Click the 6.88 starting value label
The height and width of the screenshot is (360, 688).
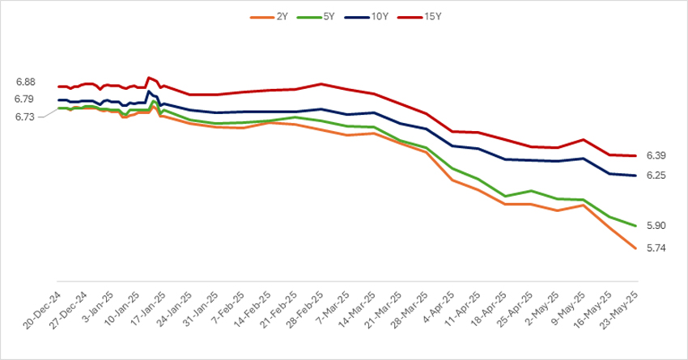click(25, 83)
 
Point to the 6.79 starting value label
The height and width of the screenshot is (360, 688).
click(25, 100)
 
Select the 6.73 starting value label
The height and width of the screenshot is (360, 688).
click(25, 117)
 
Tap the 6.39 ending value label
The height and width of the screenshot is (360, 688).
click(656, 155)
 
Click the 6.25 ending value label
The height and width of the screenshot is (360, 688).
click(656, 176)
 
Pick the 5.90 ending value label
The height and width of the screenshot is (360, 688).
click(656, 226)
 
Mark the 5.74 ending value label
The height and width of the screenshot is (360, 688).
click(656, 248)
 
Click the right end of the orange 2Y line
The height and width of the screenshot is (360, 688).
click(634, 248)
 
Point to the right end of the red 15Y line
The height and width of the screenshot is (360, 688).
click(634, 155)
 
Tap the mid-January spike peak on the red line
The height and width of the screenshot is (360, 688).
click(149, 78)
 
